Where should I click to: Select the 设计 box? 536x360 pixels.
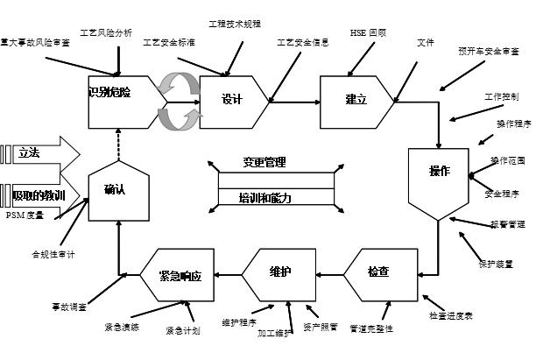pyautogui.click(x=231, y=99)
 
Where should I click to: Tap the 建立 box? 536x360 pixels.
pyautogui.click(x=356, y=99)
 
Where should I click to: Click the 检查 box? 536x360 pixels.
pyautogui.click(x=378, y=274)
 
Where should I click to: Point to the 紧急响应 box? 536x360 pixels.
pyautogui.click(x=180, y=275)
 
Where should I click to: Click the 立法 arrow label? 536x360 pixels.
pyautogui.click(x=29, y=152)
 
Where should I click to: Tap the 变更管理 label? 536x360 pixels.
pyautogui.click(x=264, y=163)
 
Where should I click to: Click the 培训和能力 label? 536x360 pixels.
pyautogui.click(x=265, y=199)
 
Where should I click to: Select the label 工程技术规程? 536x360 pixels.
pyautogui.click(x=235, y=24)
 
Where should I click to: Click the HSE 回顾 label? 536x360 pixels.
pyautogui.click(x=368, y=32)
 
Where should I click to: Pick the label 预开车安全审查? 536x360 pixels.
pyautogui.click(x=488, y=51)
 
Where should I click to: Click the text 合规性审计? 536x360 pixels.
pyautogui.click(x=53, y=254)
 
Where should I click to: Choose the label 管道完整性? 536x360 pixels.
pyautogui.click(x=371, y=328)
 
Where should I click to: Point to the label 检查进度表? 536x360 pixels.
pyautogui.click(x=450, y=314)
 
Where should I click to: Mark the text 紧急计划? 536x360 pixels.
pyautogui.click(x=183, y=330)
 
